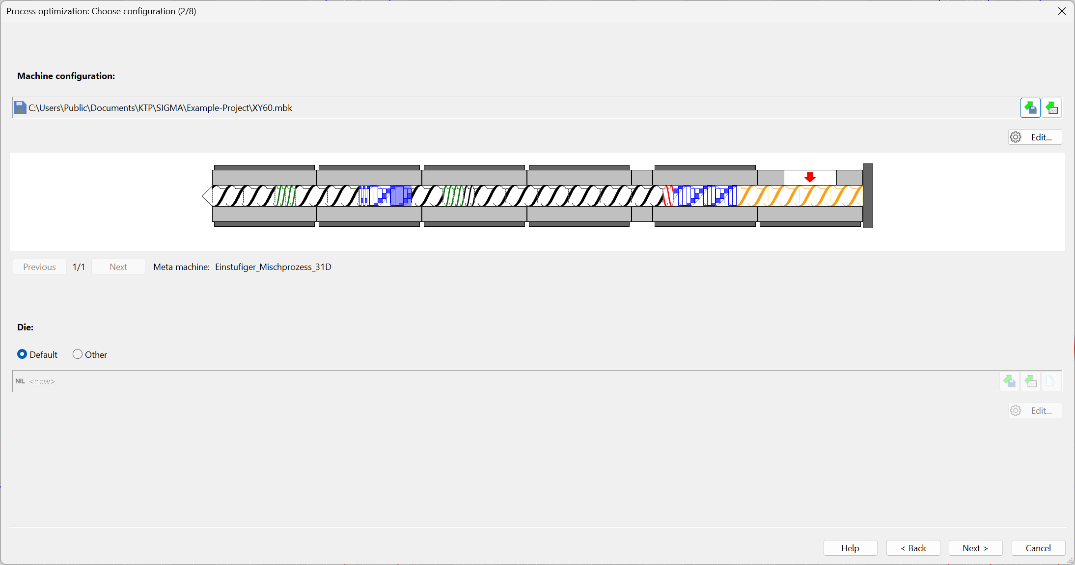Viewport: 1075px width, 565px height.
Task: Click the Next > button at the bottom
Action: click(975, 548)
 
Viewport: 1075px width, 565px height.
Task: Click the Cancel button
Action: click(1038, 548)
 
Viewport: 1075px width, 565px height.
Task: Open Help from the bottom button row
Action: click(850, 548)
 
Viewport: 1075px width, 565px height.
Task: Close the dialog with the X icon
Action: click(1062, 11)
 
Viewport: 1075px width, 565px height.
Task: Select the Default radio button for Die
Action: click(22, 354)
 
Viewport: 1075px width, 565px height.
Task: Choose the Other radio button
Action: click(78, 354)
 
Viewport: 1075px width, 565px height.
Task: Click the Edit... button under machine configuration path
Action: click(1035, 137)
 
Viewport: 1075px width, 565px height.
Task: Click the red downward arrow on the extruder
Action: click(810, 177)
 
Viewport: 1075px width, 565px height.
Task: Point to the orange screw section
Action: click(799, 196)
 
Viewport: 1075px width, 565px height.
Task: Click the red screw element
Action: click(668, 196)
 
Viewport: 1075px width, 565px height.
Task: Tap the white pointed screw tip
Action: click(207, 196)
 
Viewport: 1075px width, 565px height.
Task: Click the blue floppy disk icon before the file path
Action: click(20, 108)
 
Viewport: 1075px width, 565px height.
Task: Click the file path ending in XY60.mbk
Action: click(160, 108)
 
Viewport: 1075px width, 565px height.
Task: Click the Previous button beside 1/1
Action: click(39, 267)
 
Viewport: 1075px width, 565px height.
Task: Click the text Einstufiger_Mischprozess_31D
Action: click(273, 267)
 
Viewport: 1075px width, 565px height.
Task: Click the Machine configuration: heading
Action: click(66, 76)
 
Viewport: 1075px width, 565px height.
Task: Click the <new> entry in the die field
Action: click(42, 381)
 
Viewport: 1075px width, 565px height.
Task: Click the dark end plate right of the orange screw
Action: click(868, 196)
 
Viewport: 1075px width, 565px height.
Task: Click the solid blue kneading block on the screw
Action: click(401, 196)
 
